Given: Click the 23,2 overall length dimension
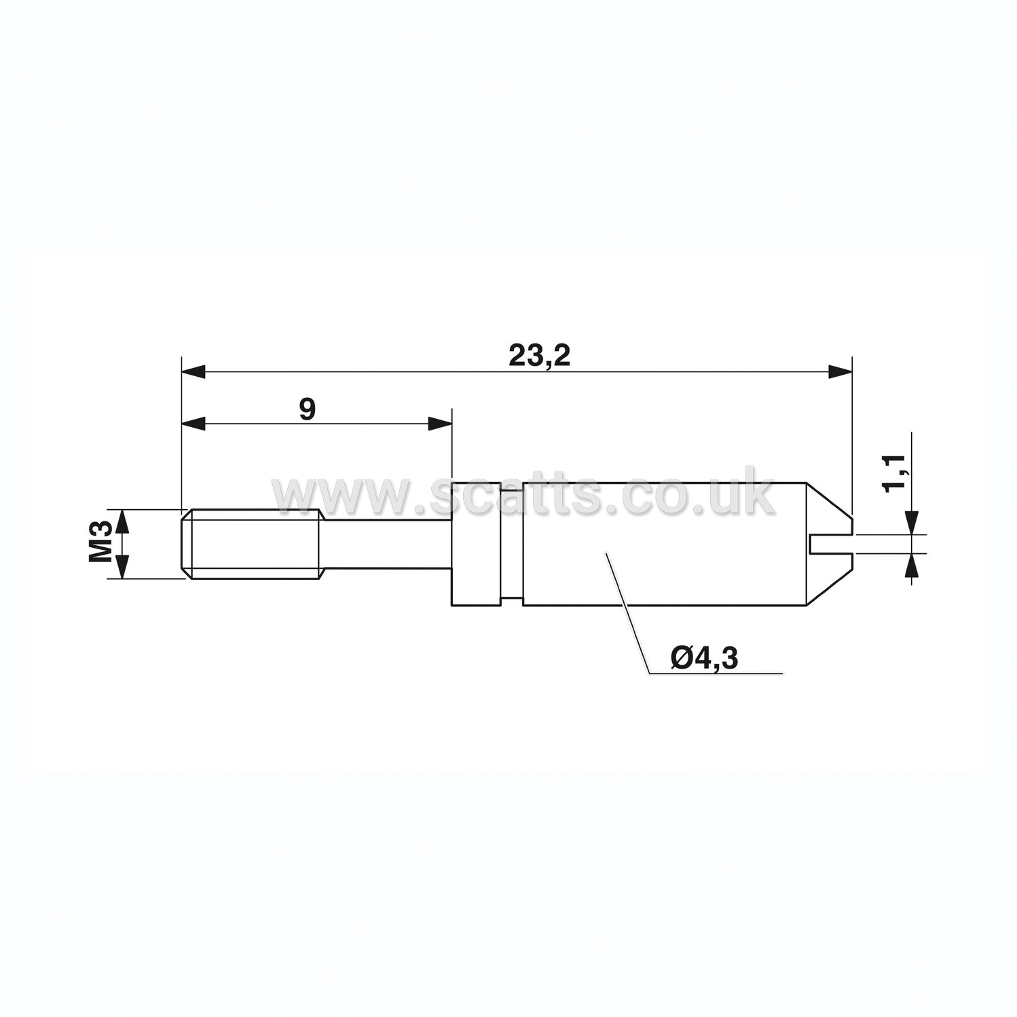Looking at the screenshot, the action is [540, 356].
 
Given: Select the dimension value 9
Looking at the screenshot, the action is [308, 409].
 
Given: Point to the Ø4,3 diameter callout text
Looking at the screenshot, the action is [703, 658].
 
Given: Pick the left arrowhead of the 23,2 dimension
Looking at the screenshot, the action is [193, 371].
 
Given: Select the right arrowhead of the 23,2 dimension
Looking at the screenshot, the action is [839, 371].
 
